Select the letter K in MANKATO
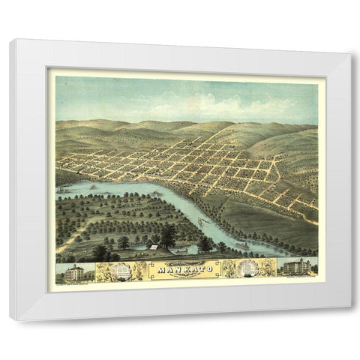point(185,266)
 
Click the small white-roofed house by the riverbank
point(153,247)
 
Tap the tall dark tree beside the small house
point(168,237)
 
